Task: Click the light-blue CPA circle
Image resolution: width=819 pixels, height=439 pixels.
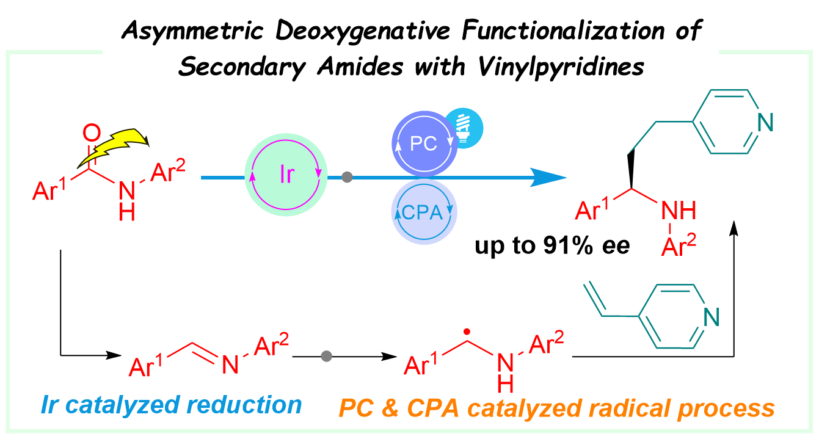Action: click(423, 212)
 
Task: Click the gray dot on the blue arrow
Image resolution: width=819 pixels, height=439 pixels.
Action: click(347, 178)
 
